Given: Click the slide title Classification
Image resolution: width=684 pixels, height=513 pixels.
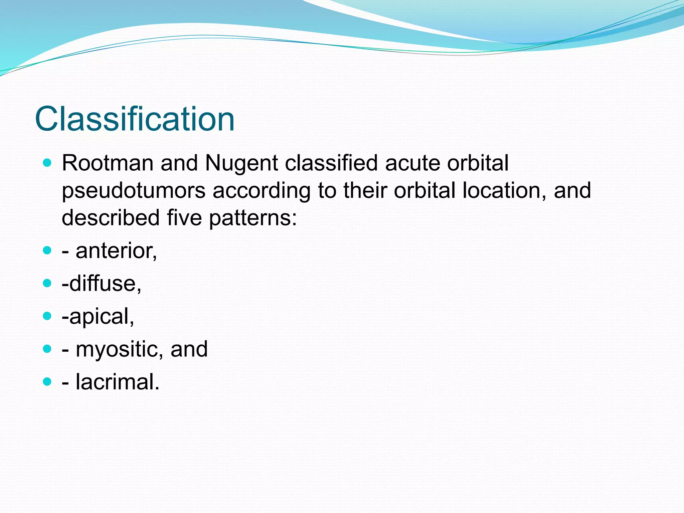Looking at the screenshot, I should pyautogui.click(x=135, y=119).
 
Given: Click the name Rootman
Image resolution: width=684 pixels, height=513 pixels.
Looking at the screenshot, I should pyautogui.click(x=107, y=163).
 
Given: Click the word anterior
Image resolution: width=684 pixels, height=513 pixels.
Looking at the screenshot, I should pyautogui.click(x=116, y=251).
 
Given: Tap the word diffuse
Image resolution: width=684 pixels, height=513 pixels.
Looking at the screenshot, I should pyautogui.click(x=105, y=284).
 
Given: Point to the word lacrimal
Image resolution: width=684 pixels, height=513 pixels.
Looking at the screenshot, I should pyautogui.click(x=118, y=382).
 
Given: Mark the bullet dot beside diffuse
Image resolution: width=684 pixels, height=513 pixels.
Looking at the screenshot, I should pyautogui.click(x=47, y=284).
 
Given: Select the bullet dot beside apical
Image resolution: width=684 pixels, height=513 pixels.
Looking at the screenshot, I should pyautogui.click(x=47, y=316).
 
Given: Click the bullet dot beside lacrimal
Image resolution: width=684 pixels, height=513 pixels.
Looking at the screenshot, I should pyautogui.click(x=47, y=381).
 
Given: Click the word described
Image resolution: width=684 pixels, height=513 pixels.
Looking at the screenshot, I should pyautogui.click(x=111, y=218).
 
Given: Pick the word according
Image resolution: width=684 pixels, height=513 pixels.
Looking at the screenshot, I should pyautogui.click(x=261, y=191).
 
